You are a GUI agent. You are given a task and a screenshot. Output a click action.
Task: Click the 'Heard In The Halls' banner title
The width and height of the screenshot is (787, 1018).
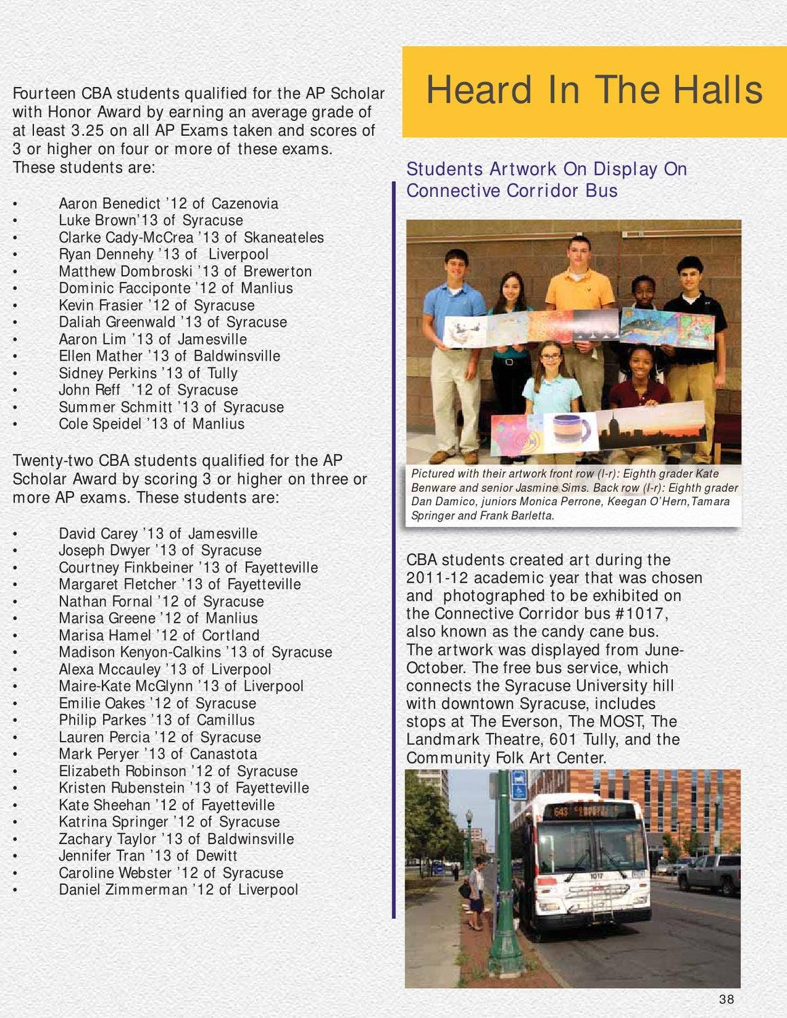click(x=594, y=90)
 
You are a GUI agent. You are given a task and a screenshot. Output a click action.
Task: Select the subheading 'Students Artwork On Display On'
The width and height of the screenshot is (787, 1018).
click(x=546, y=169)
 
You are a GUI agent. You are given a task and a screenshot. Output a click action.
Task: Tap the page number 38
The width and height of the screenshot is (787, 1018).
click(x=727, y=999)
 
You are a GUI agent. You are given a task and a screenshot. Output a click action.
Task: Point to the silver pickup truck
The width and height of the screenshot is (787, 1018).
click(x=710, y=872)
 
